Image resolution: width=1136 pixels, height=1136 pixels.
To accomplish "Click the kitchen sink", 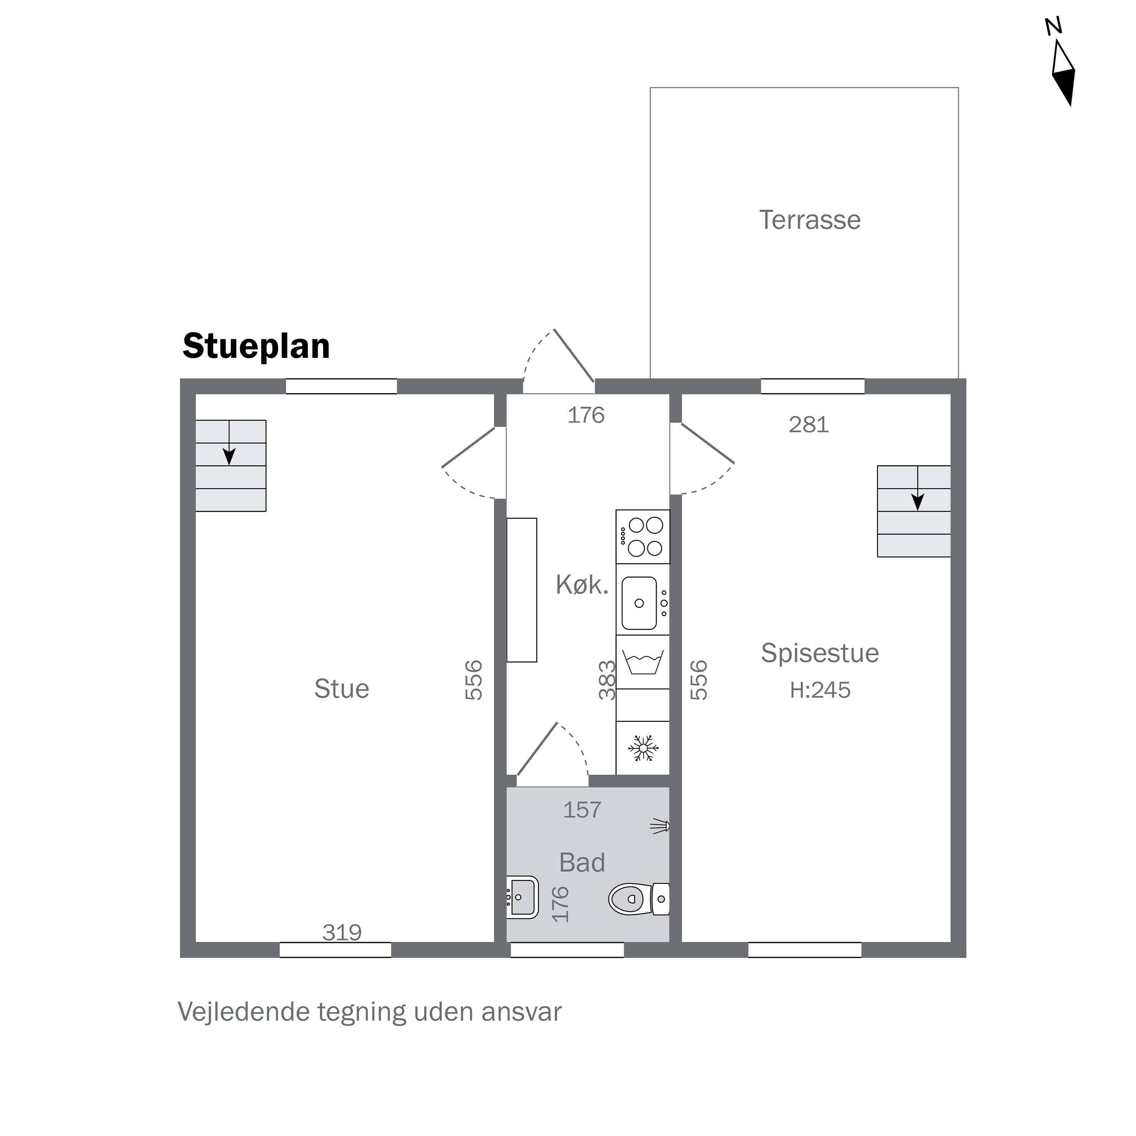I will (x=640, y=603).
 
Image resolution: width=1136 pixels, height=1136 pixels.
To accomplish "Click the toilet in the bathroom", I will (x=638, y=899).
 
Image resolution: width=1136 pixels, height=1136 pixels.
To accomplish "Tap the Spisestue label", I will (x=820, y=653).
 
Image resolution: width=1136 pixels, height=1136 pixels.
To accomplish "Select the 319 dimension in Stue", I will (x=342, y=933).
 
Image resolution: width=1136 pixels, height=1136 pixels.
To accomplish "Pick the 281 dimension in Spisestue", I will (x=808, y=424).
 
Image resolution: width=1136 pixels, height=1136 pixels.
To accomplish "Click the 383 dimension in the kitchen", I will (x=607, y=680).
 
